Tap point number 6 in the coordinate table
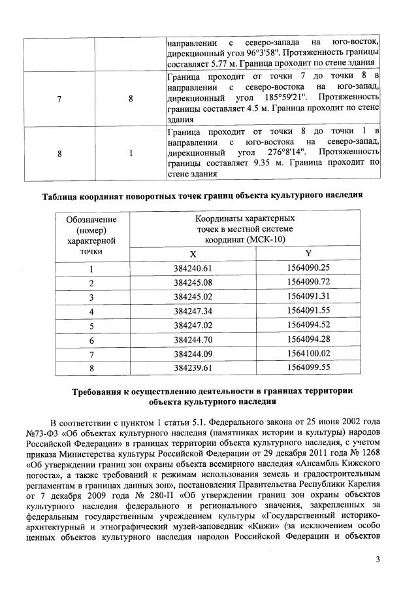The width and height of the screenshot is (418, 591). click(91, 339)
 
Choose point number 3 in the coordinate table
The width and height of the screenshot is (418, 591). click(91, 297)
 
